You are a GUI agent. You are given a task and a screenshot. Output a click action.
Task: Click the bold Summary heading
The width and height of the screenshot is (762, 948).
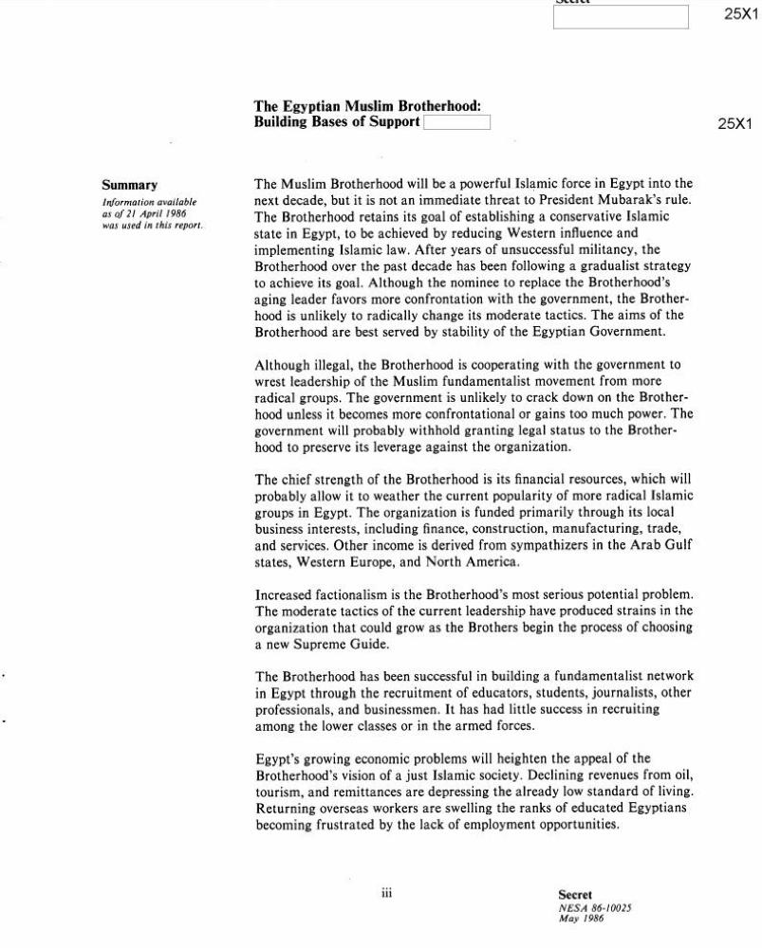(x=130, y=185)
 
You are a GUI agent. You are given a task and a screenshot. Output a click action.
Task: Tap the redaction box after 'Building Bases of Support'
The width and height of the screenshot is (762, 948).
(x=456, y=122)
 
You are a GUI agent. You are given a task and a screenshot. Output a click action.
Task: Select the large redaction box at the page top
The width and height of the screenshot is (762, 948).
(x=621, y=17)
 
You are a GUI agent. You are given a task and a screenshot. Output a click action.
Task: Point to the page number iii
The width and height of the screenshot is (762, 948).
(x=386, y=893)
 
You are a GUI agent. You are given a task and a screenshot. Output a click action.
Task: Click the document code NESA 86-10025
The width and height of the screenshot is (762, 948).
(x=595, y=907)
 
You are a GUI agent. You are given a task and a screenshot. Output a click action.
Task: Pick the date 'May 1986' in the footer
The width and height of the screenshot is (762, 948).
(x=581, y=919)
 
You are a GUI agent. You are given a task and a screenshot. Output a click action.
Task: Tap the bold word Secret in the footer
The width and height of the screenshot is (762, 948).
(x=575, y=894)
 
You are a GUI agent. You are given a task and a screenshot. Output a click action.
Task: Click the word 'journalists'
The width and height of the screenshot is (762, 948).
(x=596, y=693)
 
